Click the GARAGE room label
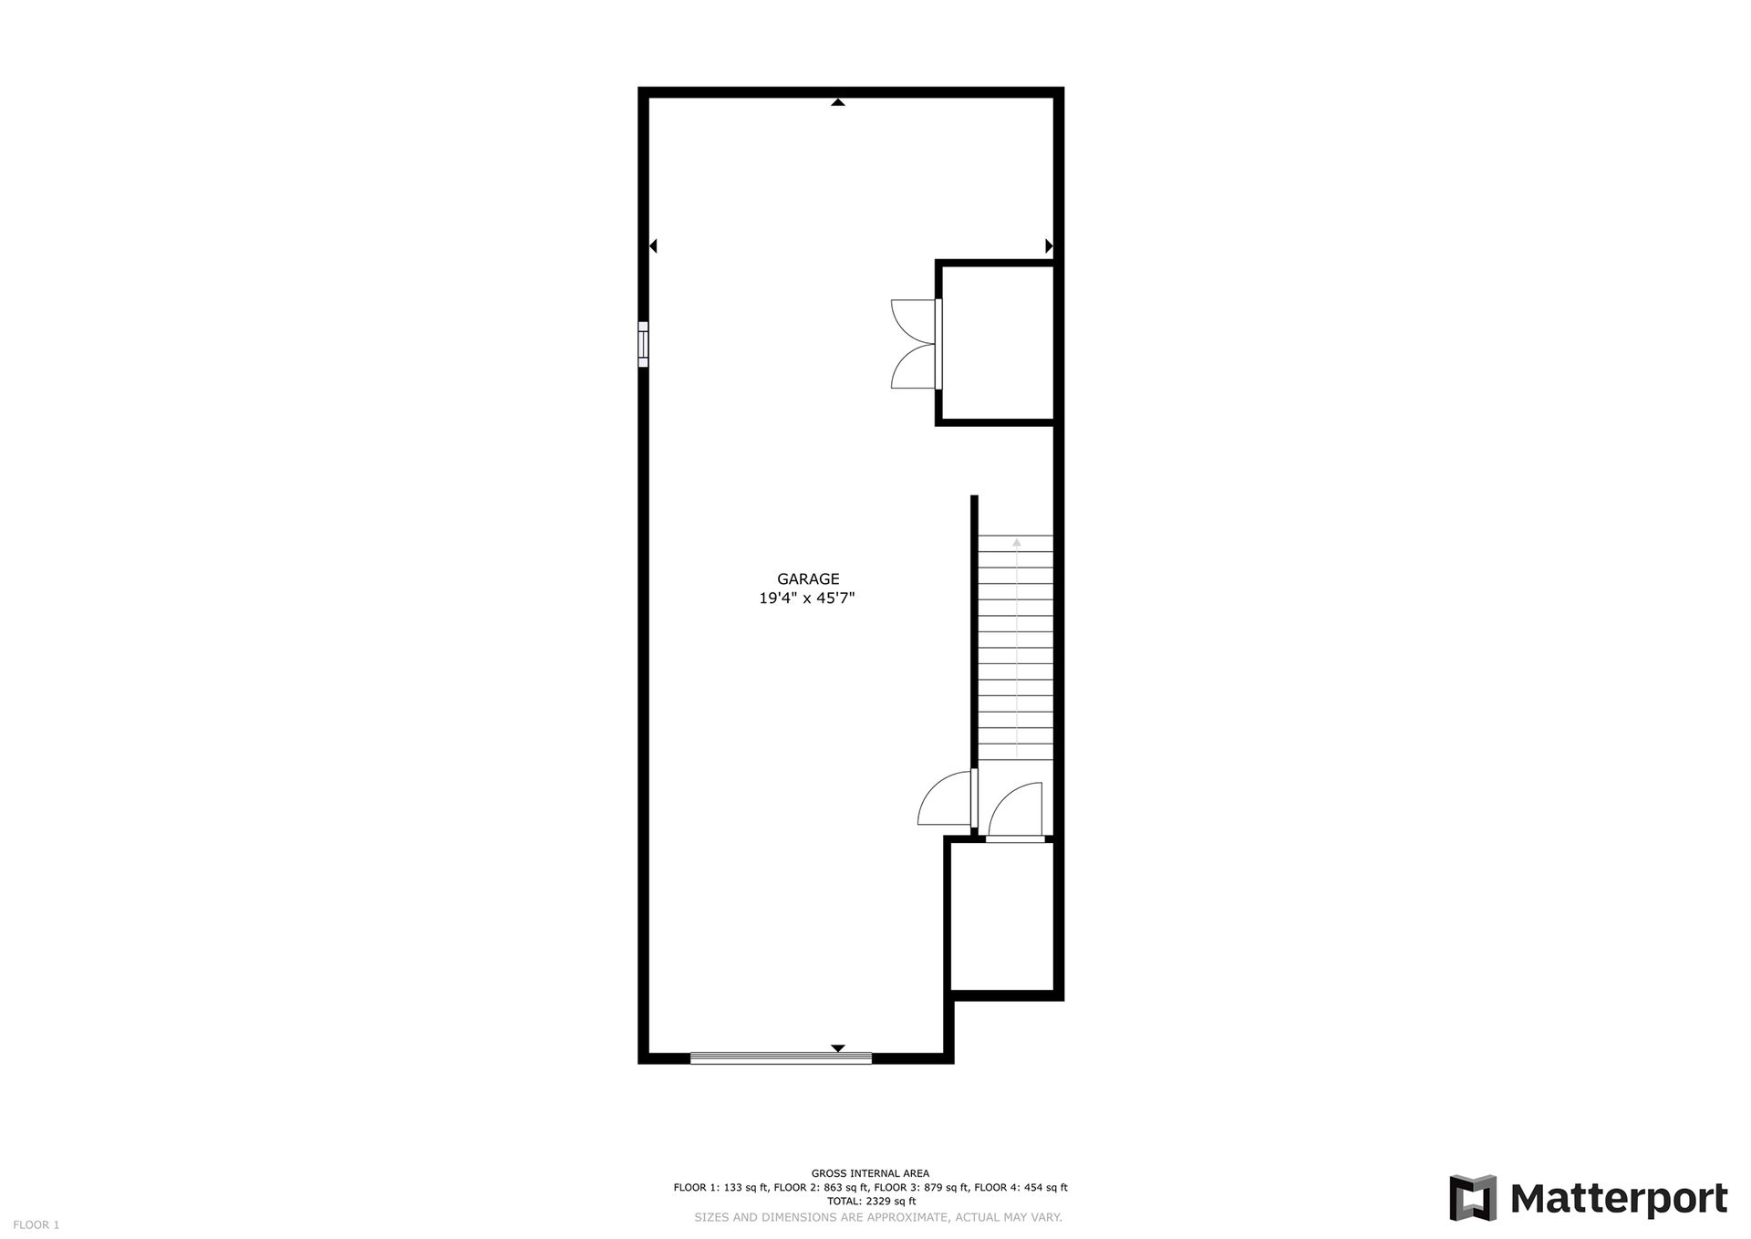(808, 578)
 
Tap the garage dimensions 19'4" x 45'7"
(807, 599)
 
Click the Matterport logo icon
(1473, 1198)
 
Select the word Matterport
(1619, 1199)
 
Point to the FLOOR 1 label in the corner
(36, 1224)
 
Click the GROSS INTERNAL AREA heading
(870, 1173)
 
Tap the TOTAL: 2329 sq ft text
(871, 1202)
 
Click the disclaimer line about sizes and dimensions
(878, 1217)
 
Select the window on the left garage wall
(643, 344)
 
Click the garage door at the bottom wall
(781, 1058)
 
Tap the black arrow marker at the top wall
(838, 102)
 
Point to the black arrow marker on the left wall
(653, 245)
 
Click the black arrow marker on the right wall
(1049, 245)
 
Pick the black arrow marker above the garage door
(838, 1048)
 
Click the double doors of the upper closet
(915, 344)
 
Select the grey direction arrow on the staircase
(1017, 648)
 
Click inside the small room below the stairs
(1002, 915)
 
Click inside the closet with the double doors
(998, 342)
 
